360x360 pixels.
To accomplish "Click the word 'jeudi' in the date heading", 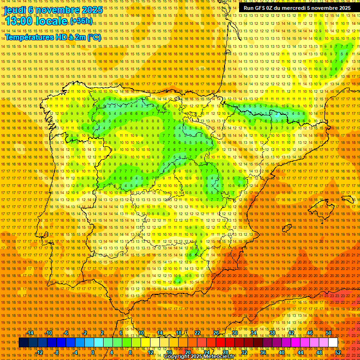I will pyautogui.click(x=15, y=9).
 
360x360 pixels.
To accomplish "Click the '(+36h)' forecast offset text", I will pyautogui.click(x=82, y=22).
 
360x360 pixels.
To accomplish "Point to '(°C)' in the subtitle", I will pyautogui.click(x=94, y=37).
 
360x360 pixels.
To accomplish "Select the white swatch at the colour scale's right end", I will pyautogui.click(x=333, y=343).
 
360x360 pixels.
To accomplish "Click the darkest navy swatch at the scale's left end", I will pyautogui.click(x=23, y=343).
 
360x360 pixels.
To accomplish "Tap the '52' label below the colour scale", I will pyautogui.click(x=338, y=352).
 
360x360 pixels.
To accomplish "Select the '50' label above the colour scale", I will pyautogui.click(x=329, y=333).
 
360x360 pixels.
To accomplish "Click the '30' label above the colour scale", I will pyautogui.click(x=235, y=333).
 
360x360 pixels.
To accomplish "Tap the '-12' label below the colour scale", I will pyautogui.click(x=39, y=352).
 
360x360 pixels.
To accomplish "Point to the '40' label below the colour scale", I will pyautogui.click(x=281, y=352).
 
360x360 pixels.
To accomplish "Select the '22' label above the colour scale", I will pyautogui.click(x=197, y=333).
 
